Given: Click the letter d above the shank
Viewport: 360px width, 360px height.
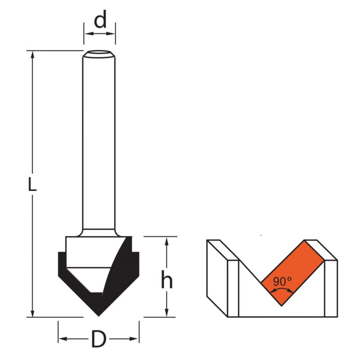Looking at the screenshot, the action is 100,19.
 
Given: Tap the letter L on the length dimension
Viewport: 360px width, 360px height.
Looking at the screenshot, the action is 32,184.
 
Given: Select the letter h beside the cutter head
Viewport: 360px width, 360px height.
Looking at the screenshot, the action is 166,279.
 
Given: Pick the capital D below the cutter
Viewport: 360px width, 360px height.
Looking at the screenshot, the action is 99,339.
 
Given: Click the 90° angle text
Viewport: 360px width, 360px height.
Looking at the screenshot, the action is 283,281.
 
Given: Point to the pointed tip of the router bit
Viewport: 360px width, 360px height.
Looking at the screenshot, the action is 99,316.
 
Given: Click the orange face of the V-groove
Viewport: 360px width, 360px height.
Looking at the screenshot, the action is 292,273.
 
